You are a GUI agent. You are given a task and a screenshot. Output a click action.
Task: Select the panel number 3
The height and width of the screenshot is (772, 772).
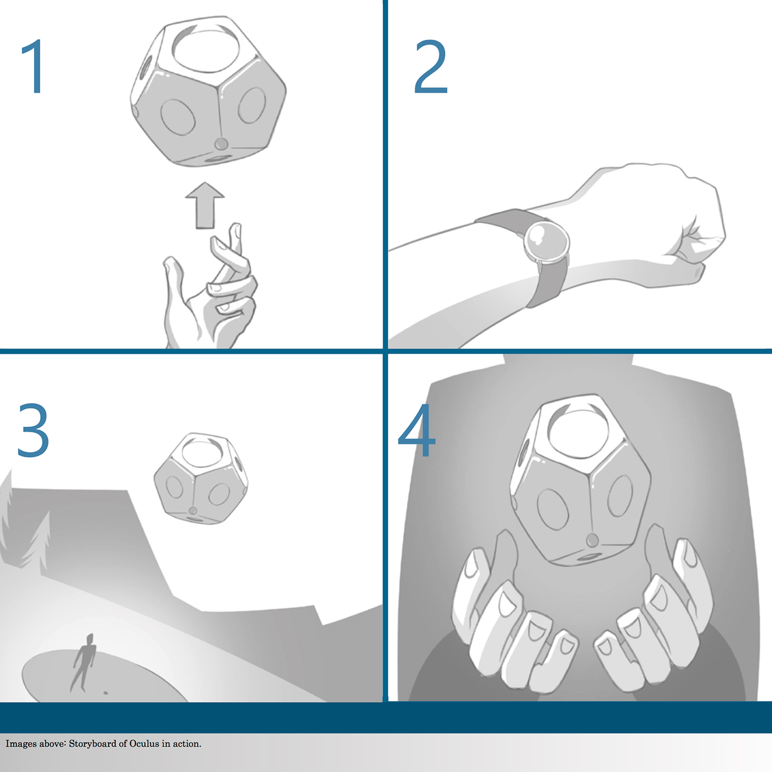(x=33, y=430)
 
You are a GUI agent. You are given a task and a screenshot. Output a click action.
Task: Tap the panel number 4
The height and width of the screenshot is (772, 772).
(x=417, y=430)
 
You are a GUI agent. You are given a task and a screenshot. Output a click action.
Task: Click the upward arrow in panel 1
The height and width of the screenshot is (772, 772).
(x=205, y=206)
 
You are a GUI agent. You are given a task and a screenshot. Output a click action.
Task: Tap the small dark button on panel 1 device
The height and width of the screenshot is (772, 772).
(x=221, y=143)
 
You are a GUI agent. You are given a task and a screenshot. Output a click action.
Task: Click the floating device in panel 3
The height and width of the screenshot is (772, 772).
(x=200, y=478)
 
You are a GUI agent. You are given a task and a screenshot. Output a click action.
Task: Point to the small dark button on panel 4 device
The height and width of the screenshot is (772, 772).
(x=593, y=540)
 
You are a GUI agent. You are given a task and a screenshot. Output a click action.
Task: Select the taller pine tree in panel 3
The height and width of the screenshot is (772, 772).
(x=37, y=543)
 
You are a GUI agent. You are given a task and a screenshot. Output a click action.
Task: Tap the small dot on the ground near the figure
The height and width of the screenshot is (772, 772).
(x=106, y=693)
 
